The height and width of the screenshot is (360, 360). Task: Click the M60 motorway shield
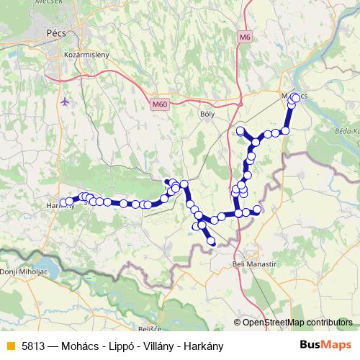click(x=159, y=105)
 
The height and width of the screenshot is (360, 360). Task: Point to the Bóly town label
click(x=207, y=112)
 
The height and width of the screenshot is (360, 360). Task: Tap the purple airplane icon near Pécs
click(x=67, y=102)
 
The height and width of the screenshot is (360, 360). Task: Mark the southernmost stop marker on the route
click(x=211, y=241)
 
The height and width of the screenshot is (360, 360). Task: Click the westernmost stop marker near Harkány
click(x=63, y=202)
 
